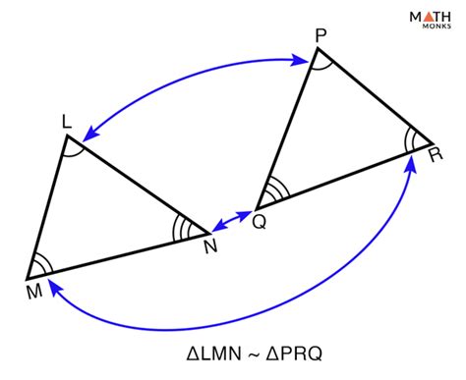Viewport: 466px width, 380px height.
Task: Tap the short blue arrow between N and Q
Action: pos(232,221)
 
